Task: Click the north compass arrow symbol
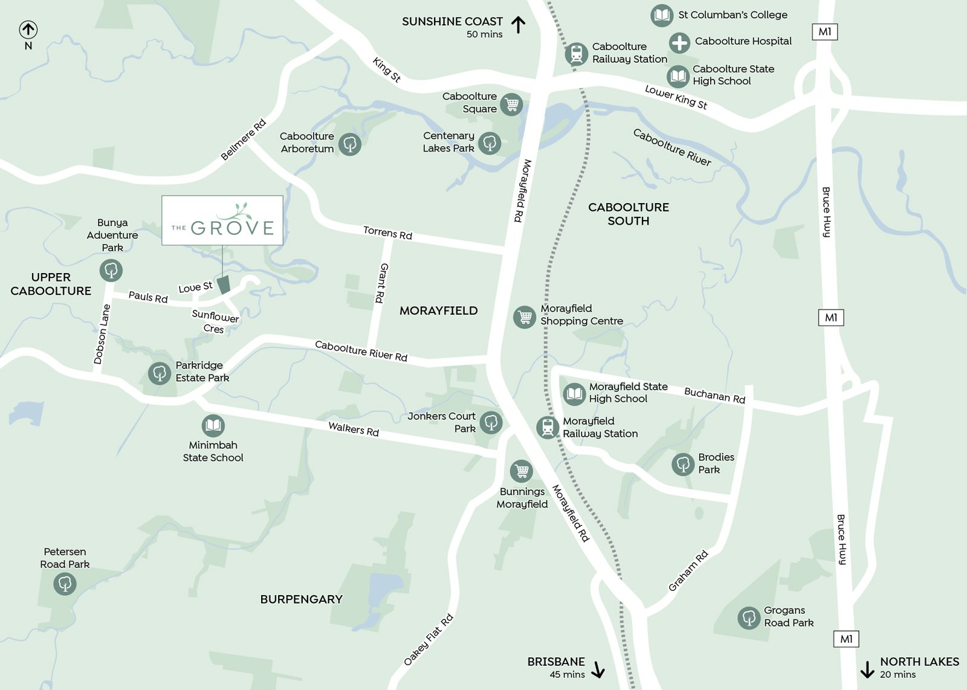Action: coord(28,30)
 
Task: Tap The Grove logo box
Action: coord(222,221)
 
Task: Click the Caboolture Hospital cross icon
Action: coord(679,43)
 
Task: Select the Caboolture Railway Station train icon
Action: coord(577,54)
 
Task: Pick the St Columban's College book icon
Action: coord(662,15)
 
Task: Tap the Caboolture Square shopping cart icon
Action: coord(512,104)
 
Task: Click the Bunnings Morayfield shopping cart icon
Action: coord(522,471)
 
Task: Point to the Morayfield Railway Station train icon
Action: coord(548,427)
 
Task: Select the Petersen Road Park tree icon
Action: coord(65,584)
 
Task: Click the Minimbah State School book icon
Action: coord(213,426)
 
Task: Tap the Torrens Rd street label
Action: coord(387,233)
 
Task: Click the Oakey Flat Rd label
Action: coord(429,640)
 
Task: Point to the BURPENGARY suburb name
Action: coord(301,599)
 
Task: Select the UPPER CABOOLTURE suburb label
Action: coord(51,284)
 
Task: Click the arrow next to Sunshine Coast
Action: coord(519,25)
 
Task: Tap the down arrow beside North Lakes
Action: coord(867,669)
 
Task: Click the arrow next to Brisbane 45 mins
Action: coord(598,669)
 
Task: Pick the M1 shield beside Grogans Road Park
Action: coord(846,639)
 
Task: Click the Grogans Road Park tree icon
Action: coord(749,618)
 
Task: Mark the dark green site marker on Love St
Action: coord(224,285)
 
